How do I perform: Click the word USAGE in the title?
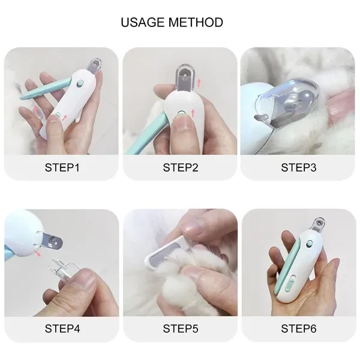click(145, 23)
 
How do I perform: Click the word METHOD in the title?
click(197, 23)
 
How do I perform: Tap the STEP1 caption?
click(62, 167)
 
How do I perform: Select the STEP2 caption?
click(180, 167)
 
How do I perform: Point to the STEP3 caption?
click(298, 167)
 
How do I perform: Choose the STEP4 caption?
click(62, 329)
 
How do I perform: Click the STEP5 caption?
click(180, 329)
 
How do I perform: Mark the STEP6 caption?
click(298, 329)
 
